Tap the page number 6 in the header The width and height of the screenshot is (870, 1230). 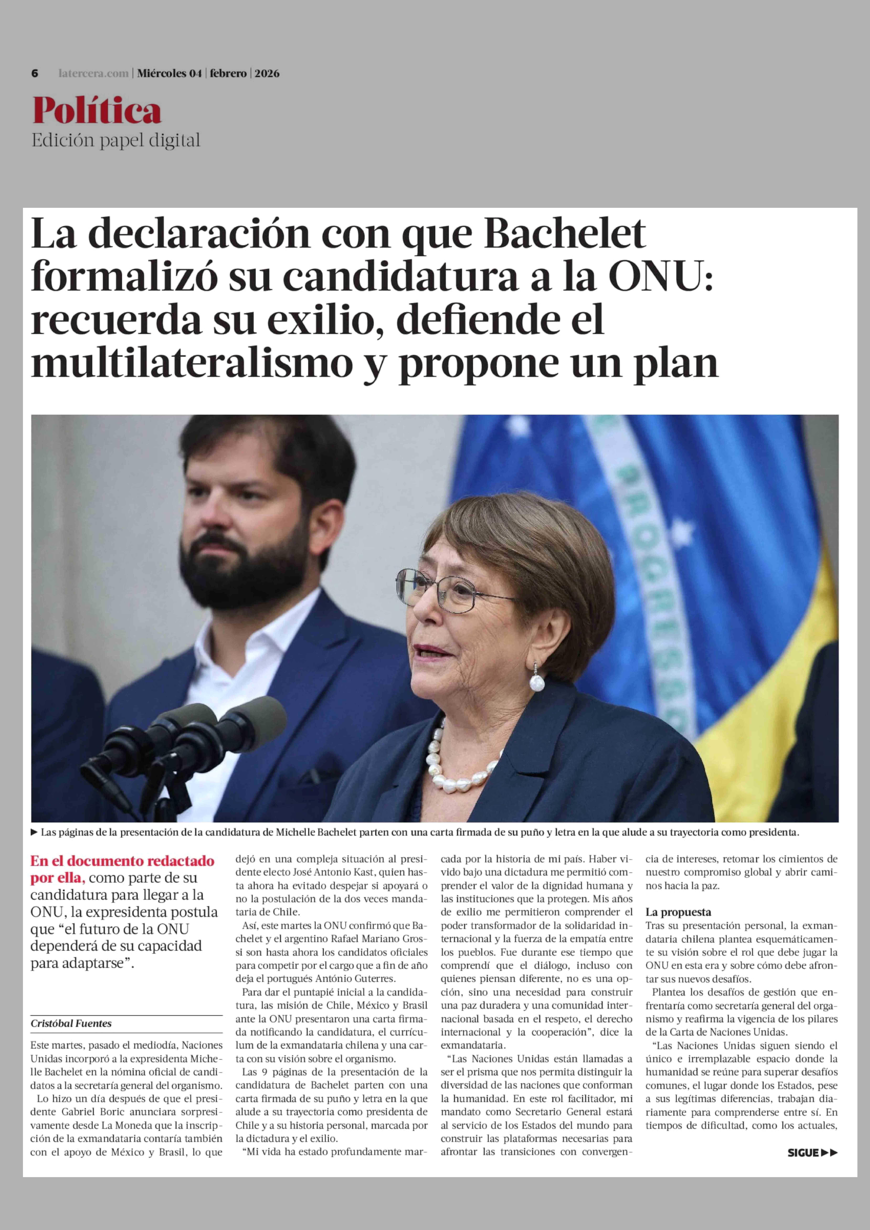point(35,73)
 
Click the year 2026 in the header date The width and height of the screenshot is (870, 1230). point(267,73)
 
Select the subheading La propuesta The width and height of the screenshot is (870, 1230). point(678,912)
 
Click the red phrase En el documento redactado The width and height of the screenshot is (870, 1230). point(122,861)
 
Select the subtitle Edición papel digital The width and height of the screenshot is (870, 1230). point(116,140)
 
